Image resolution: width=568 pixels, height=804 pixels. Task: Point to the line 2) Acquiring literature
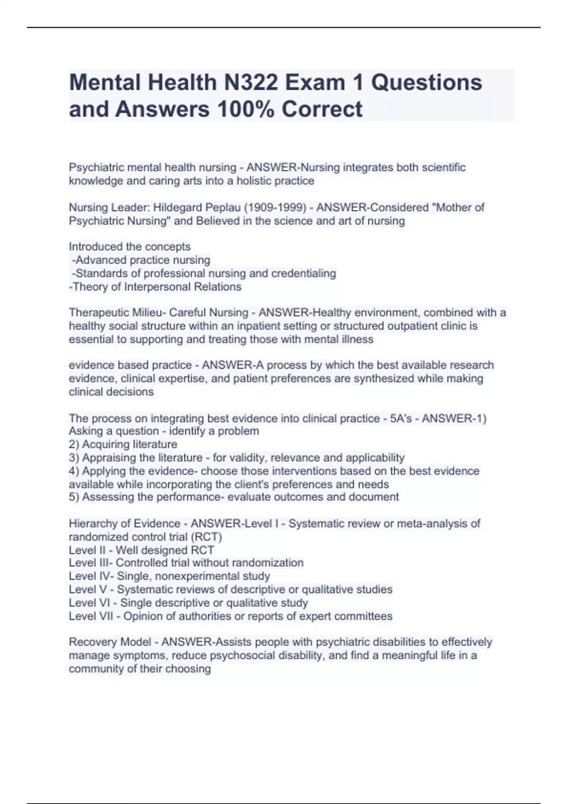click(123, 445)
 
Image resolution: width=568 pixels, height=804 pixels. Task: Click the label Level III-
click(90, 563)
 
